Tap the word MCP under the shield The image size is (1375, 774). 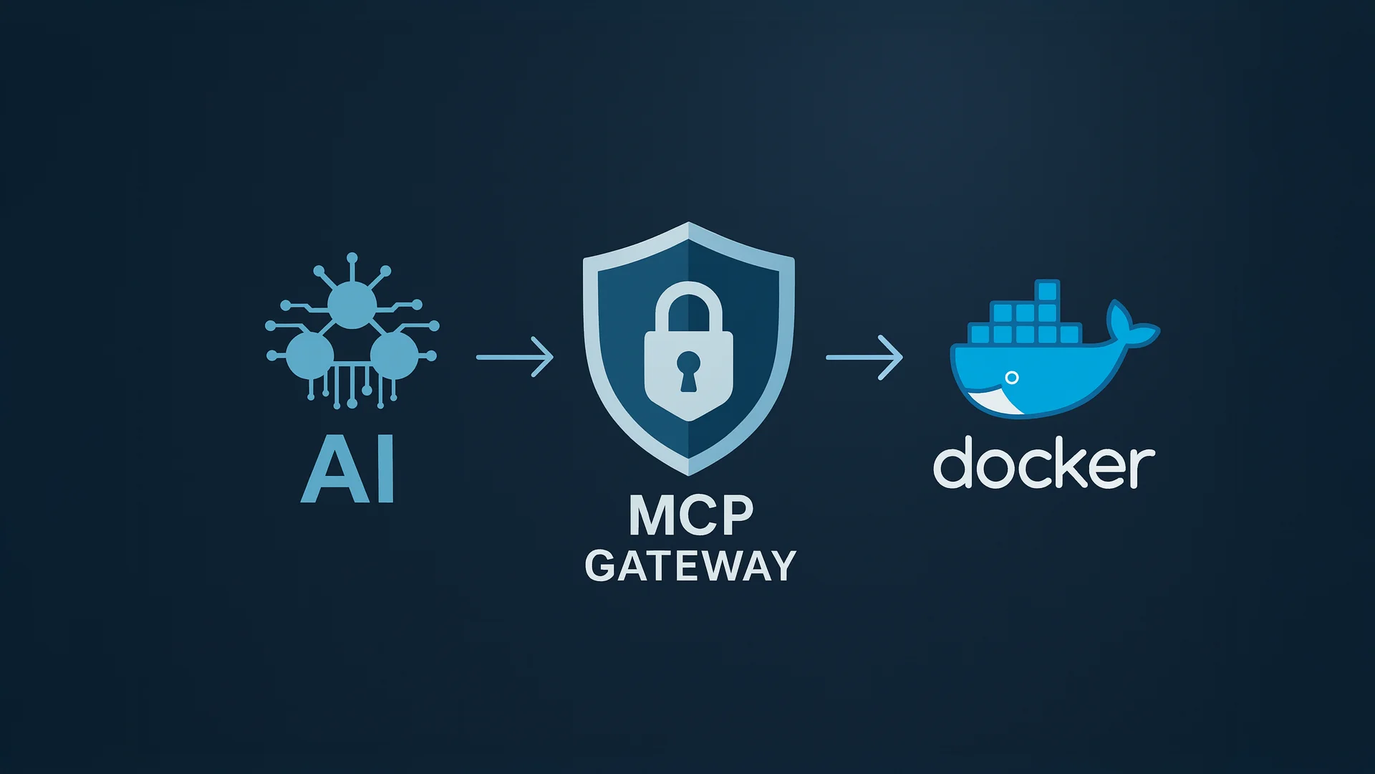point(691,515)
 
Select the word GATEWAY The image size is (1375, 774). point(690,566)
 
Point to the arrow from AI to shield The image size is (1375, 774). point(515,356)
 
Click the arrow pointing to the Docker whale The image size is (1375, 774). point(864,357)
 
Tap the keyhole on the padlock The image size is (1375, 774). point(687,368)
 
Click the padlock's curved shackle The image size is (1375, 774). point(688,301)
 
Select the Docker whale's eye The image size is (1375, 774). point(1011,377)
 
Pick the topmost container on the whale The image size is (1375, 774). point(1047,291)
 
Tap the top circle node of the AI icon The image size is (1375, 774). point(352,305)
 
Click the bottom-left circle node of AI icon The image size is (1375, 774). point(309,355)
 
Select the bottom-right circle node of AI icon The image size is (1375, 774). point(394,355)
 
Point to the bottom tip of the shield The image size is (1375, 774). point(688,472)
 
